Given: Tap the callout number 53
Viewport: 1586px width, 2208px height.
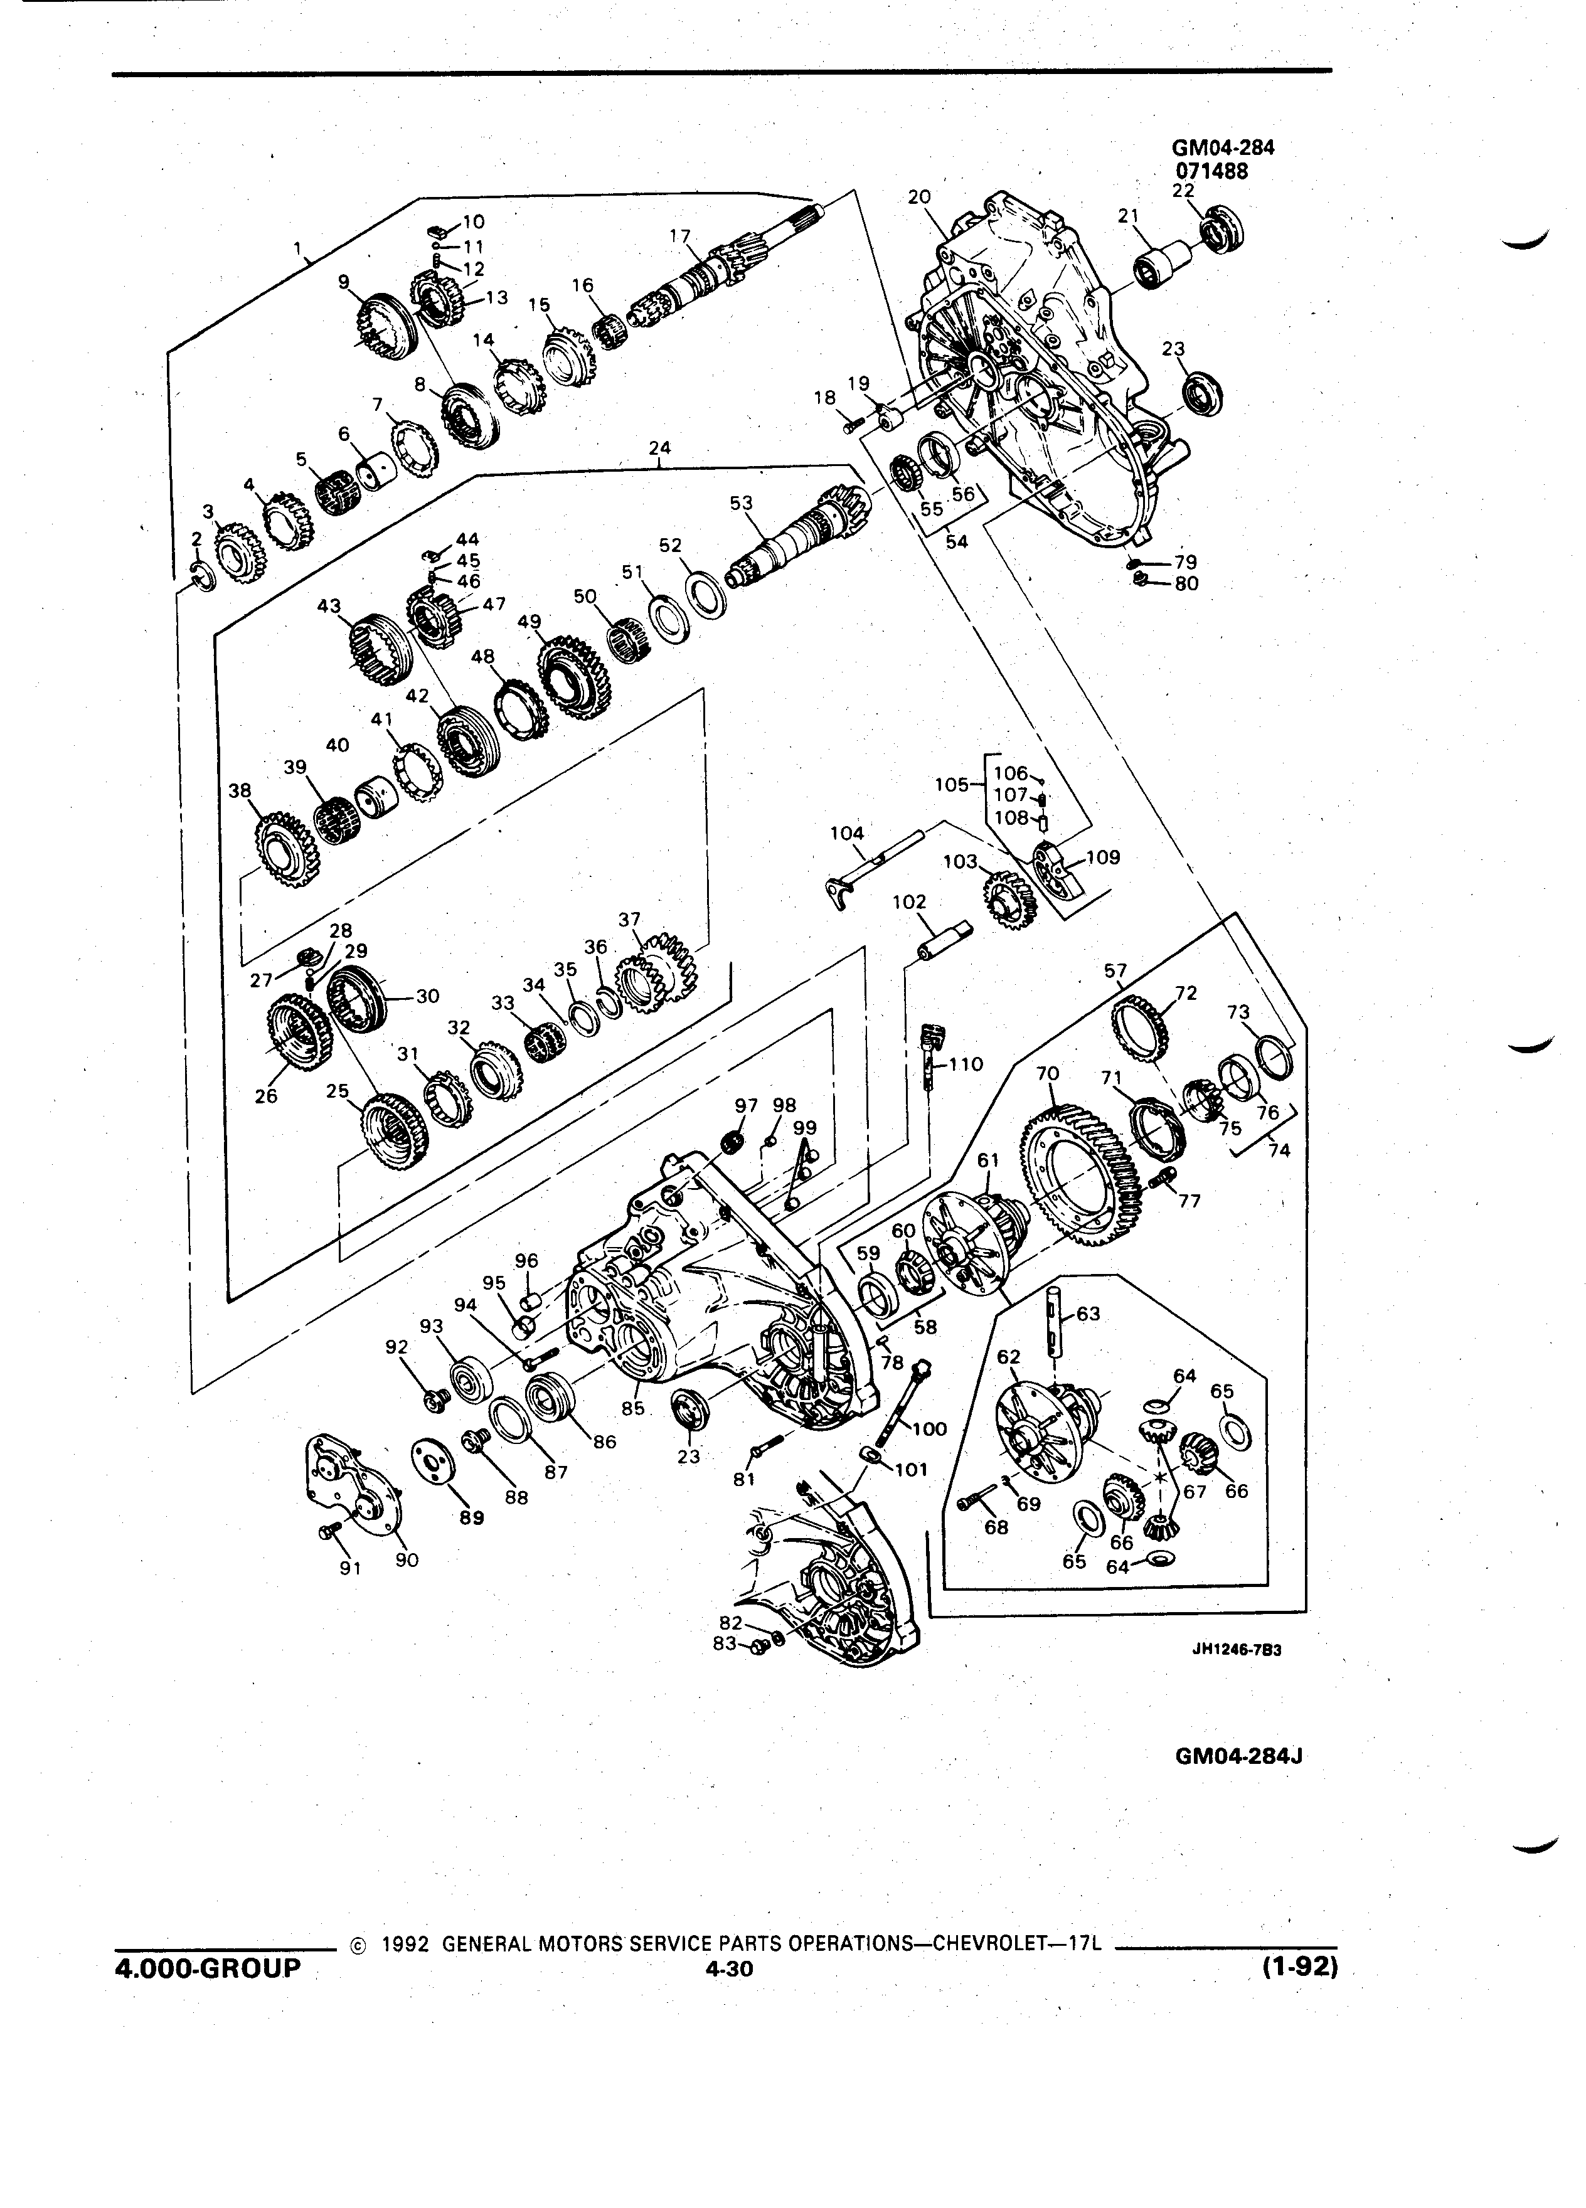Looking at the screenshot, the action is point(742,502).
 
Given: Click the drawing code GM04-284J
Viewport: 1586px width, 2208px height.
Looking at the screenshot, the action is point(1240,1755).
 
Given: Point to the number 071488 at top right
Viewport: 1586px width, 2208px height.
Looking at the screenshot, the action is point(1211,169).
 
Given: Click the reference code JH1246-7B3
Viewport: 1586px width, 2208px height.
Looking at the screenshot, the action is point(1237,1650).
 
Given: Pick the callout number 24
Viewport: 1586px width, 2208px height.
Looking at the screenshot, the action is point(659,449).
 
